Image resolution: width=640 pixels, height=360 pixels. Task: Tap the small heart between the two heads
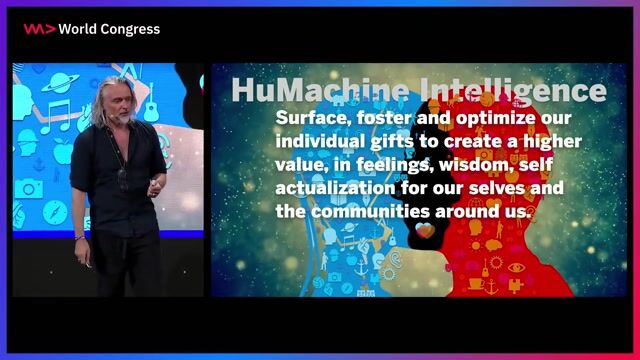coord(424,231)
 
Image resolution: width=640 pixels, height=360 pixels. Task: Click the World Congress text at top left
coord(109,29)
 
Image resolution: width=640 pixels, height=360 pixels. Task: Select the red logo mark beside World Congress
coord(38,29)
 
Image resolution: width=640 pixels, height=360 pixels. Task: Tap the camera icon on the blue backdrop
coord(28,189)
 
